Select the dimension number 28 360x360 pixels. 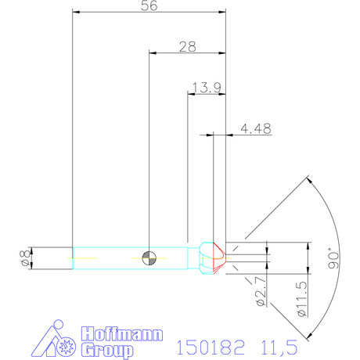coord(187,47)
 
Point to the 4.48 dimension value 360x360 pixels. coord(256,129)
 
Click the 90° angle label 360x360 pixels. coord(334,258)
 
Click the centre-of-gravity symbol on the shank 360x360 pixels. coord(149,256)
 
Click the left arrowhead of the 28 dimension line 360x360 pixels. coord(152,54)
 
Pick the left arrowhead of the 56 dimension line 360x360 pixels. coord(75,13)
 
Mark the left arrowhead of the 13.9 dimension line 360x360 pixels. coord(191,93)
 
